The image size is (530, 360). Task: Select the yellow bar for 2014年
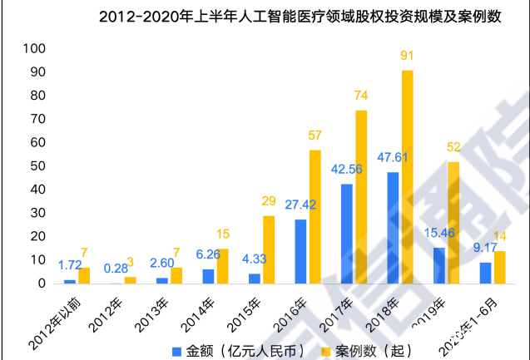point(222,266)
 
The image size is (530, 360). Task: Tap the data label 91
point(407,57)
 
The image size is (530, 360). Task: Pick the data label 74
point(361,96)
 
